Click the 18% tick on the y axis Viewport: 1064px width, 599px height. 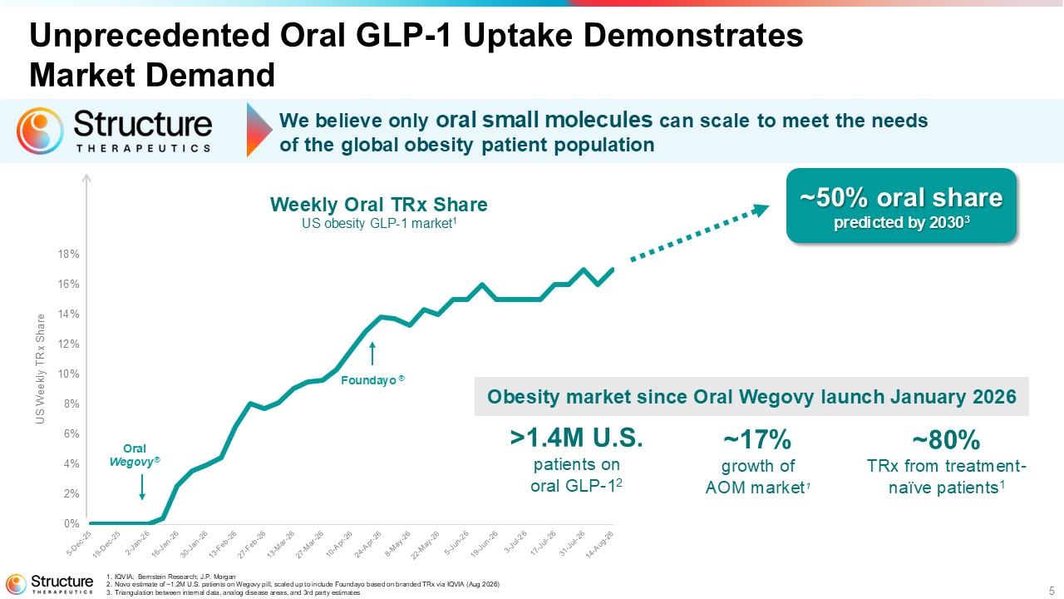(68, 255)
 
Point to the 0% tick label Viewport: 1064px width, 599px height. (71, 523)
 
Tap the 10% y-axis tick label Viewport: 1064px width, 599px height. (68, 374)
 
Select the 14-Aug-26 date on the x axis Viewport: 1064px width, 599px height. (599, 544)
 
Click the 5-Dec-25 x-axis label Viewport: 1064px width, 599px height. (78, 542)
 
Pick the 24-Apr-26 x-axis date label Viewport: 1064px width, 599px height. (367, 544)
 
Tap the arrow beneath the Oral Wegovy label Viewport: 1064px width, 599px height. (142, 487)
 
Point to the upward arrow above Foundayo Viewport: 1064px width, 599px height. (372, 354)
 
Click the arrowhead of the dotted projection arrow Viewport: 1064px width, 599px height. (761, 209)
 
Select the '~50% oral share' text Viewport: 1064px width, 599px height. (901, 197)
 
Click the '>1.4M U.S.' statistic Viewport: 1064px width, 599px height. (576, 438)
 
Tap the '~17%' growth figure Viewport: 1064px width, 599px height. (757, 439)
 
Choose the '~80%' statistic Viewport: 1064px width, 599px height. (946, 439)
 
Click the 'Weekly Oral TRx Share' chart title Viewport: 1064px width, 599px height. (378, 205)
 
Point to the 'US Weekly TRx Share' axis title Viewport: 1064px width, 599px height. (41, 369)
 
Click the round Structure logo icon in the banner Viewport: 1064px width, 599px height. (40, 131)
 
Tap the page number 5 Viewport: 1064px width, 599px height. (1052, 591)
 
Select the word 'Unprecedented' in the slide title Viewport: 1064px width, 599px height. (150, 36)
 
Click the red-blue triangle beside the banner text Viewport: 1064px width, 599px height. (259, 131)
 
